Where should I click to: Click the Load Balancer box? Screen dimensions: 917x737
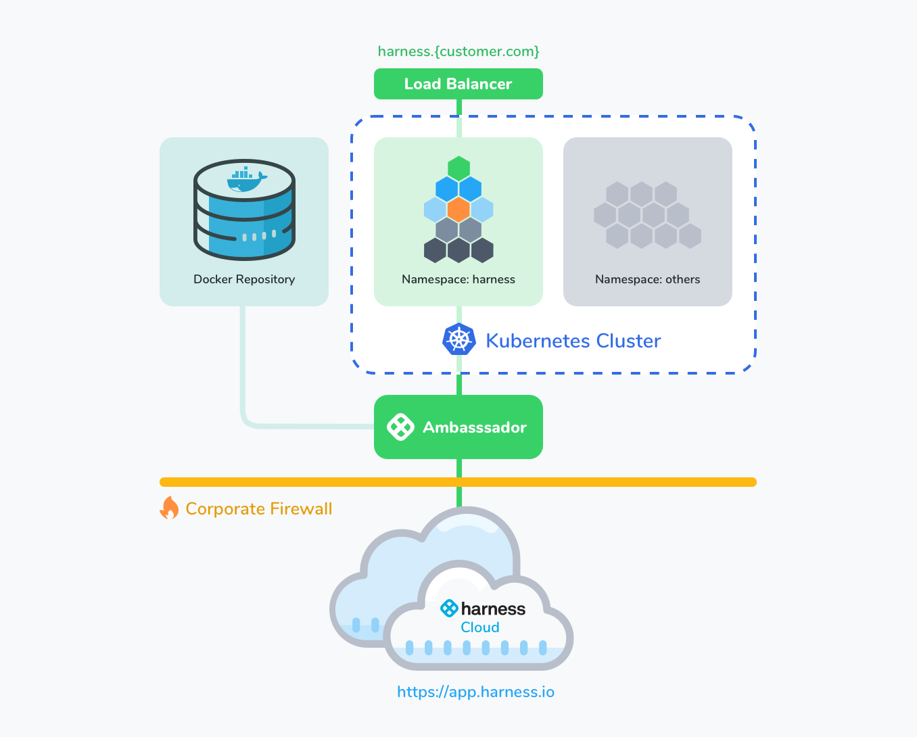point(458,84)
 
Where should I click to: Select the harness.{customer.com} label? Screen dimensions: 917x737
point(458,51)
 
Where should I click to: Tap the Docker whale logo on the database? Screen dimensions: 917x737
point(247,179)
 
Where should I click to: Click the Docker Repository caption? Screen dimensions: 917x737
point(244,279)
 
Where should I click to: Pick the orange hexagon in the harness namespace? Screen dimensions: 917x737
point(458,210)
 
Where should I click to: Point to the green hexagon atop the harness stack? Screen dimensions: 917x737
point(458,169)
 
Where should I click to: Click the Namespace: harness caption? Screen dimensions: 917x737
point(458,279)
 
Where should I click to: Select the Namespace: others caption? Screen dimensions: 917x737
point(648,279)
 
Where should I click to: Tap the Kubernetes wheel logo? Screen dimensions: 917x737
point(459,339)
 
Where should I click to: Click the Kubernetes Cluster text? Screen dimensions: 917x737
point(573,341)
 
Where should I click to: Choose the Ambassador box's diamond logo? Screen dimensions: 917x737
point(400,427)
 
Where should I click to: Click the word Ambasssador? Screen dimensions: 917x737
point(475,427)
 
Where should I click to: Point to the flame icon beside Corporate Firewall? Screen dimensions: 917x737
point(170,508)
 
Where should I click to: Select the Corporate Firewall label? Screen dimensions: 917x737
point(258,508)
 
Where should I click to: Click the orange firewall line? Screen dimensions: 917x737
point(458,482)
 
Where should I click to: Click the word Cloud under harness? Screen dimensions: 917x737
point(480,627)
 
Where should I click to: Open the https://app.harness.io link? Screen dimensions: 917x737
point(475,692)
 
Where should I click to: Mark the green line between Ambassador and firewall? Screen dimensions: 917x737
point(459,468)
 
